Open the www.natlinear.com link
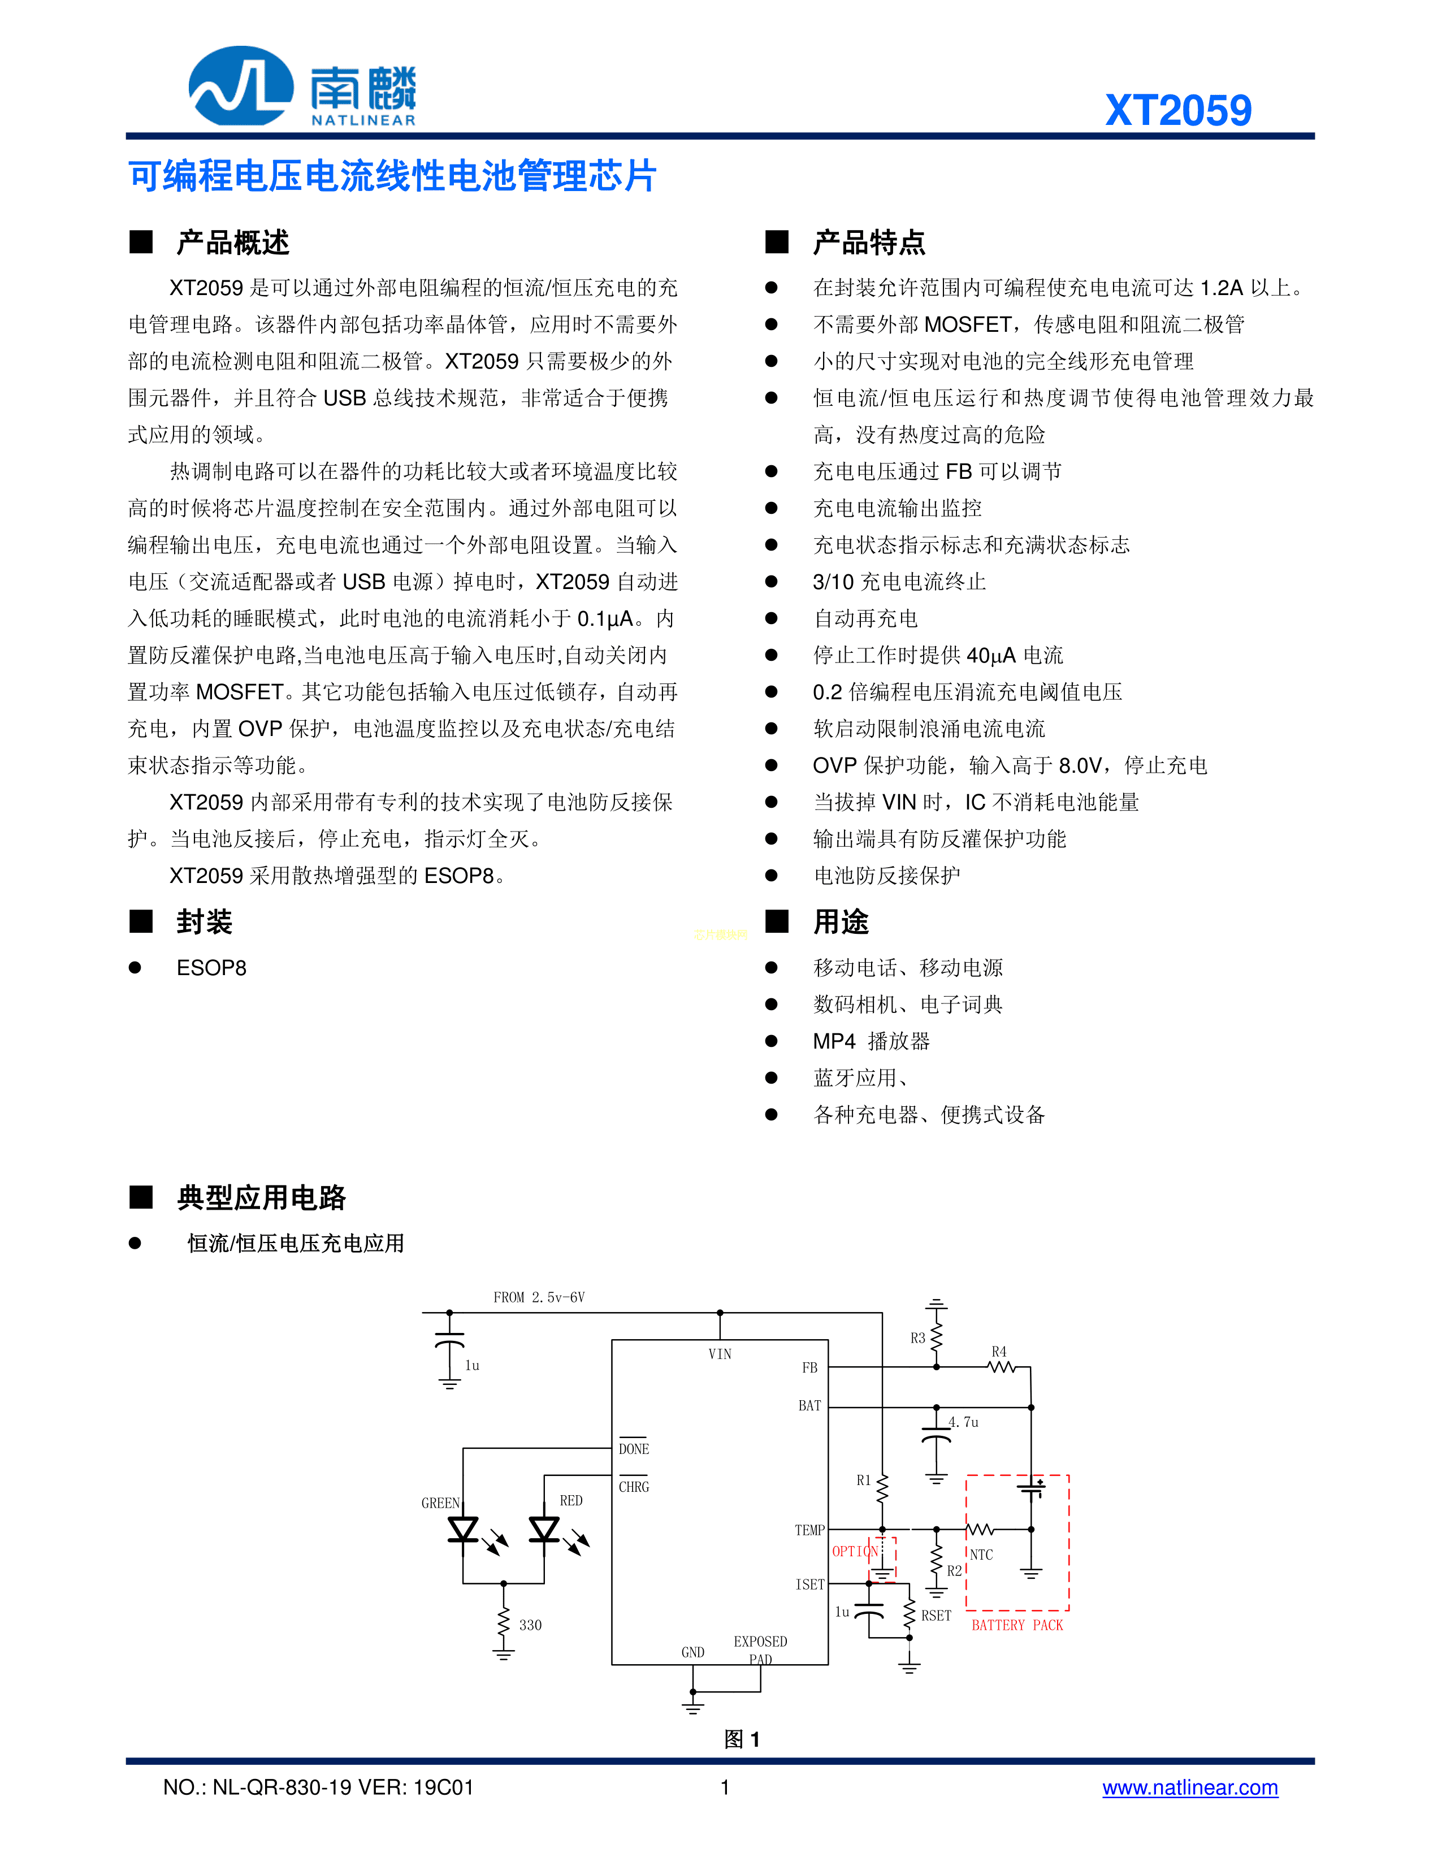(x=1189, y=1787)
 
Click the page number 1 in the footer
(x=725, y=1787)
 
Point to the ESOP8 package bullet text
(x=211, y=968)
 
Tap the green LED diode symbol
(x=463, y=1529)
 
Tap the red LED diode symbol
(x=544, y=1529)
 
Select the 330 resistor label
(x=530, y=1625)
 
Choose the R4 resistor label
(x=999, y=1352)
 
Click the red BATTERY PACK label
(x=1016, y=1625)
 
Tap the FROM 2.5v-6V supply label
(x=539, y=1297)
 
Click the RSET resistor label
(x=936, y=1616)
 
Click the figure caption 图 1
(x=742, y=1739)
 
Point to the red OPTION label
(x=854, y=1551)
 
